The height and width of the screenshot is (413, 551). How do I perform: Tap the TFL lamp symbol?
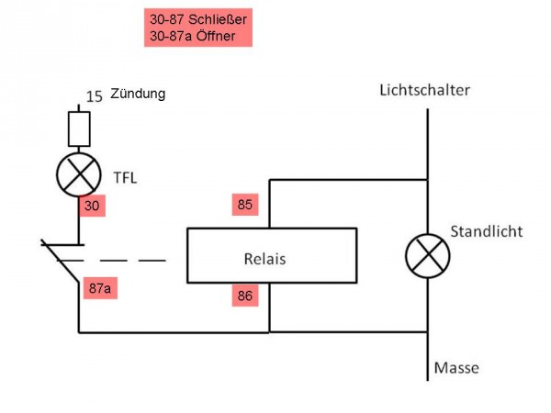(79, 174)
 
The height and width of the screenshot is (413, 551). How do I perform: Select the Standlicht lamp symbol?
(428, 256)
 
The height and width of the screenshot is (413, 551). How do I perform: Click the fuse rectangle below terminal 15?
(79, 128)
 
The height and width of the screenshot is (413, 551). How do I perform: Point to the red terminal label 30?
(92, 206)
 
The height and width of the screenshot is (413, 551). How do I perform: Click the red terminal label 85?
(244, 205)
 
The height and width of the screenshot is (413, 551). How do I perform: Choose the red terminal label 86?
(244, 296)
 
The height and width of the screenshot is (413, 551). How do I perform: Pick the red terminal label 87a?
(100, 288)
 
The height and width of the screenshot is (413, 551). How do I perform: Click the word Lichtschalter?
(424, 90)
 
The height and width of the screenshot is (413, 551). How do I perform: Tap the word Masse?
(456, 368)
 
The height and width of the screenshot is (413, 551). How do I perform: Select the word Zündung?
(137, 94)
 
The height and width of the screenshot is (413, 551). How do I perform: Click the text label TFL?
(125, 177)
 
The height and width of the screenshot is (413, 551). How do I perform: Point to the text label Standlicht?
(486, 231)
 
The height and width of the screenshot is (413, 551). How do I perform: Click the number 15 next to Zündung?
(94, 95)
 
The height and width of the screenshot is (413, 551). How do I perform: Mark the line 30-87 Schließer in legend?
(198, 19)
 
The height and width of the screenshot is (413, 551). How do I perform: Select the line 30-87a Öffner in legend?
(192, 36)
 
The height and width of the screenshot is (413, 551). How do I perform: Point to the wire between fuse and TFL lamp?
(79, 151)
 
